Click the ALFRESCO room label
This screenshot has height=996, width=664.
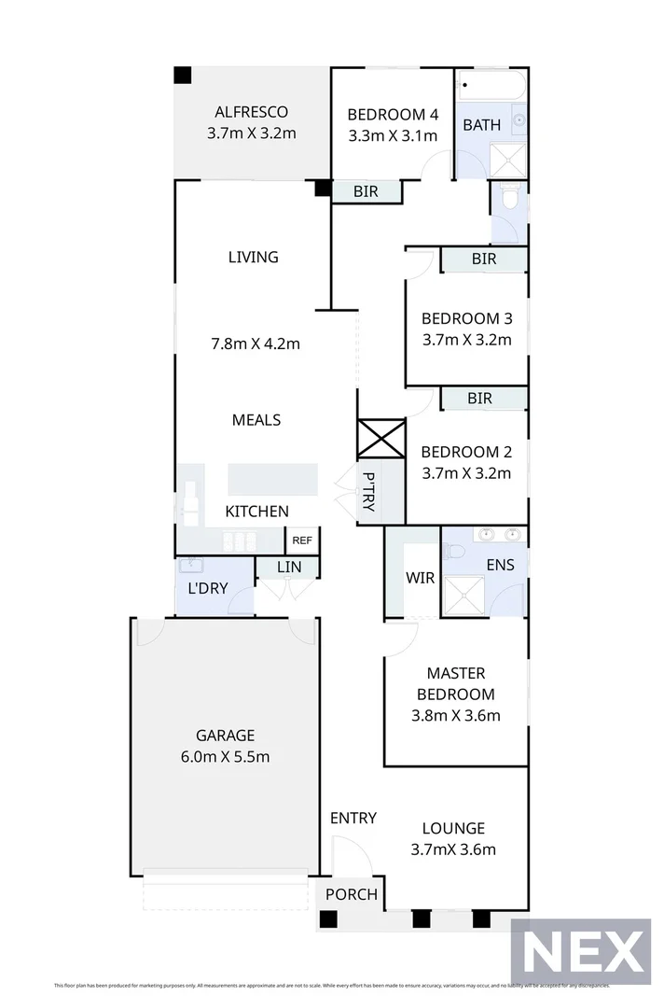pos(252,113)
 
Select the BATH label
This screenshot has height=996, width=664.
pos(482,125)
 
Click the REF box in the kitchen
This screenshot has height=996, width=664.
pos(302,540)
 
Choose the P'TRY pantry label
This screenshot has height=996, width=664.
pos(369,491)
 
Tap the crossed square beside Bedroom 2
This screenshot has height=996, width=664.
pos(381,438)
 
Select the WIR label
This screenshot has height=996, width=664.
pos(421,578)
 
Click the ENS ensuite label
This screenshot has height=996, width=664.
pos(500,565)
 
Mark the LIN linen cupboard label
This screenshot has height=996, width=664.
pos(288,567)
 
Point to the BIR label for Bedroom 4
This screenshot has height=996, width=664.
pos(366,191)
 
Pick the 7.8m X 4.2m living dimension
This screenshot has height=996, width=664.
pos(256,343)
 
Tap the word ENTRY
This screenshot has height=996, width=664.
pos(353,818)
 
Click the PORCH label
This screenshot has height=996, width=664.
pos(352,894)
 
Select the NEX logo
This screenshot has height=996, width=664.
pos(581,953)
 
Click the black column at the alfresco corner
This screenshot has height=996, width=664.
pos(183,75)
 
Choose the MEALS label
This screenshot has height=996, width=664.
pos(256,420)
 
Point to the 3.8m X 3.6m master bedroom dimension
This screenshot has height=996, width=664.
pos(456,716)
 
